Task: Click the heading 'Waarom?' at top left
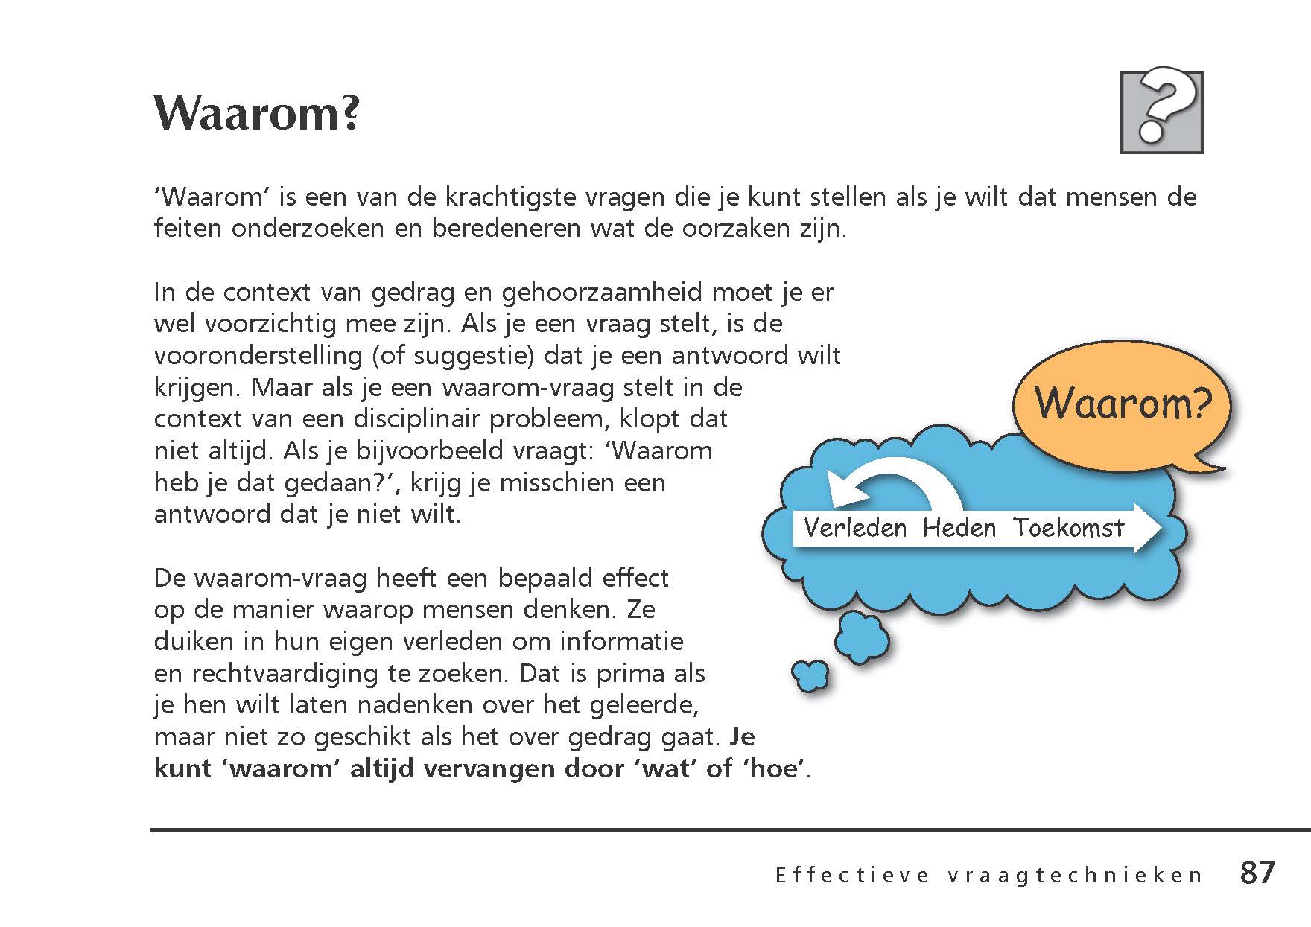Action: (257, 113)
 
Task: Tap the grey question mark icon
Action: (1161, 112)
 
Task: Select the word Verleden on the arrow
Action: (855, 528)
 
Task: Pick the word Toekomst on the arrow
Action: (1068, 528)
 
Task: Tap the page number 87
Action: (1257, 873)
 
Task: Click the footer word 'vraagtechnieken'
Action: (1076, 876)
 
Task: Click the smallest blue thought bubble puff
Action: (809, 675)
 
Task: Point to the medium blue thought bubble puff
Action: (862, 637)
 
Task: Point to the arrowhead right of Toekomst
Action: (1147, 528)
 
